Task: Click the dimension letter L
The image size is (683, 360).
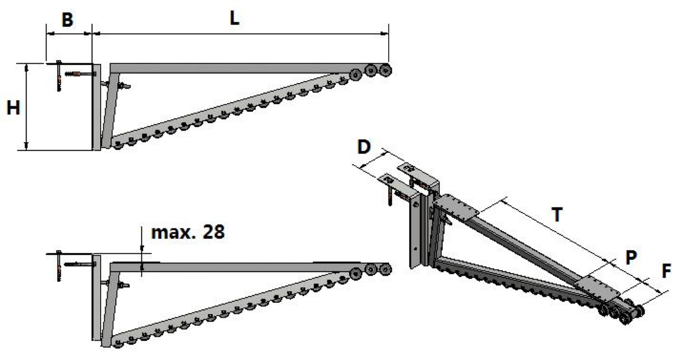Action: pyautogui.click(x=234, y=18)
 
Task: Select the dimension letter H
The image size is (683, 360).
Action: pyautogui.click(x=13, y=108)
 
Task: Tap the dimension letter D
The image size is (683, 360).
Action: pyautogui.click(x=364, y=147)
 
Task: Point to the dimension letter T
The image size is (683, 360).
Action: pyautogui.click(x=557, y=215)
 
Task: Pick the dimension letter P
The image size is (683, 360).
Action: pyautogui.click(x=631, y=258)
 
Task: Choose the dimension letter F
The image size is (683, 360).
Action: pyautogui.click(x=666, y=271)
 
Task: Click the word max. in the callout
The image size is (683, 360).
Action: pyautogui.click(x=174, y=233)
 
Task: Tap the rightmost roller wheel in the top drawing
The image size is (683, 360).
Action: pyautogui.click(x=385, y=69)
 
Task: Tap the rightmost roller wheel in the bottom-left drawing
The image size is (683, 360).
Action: pyautogui.click(x=385, y=269)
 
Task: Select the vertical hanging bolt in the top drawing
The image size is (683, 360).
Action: pyautogui.click(x=59, y=76)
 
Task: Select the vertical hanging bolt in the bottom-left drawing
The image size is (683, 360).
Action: pyautogui.click(x=59, y=266)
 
